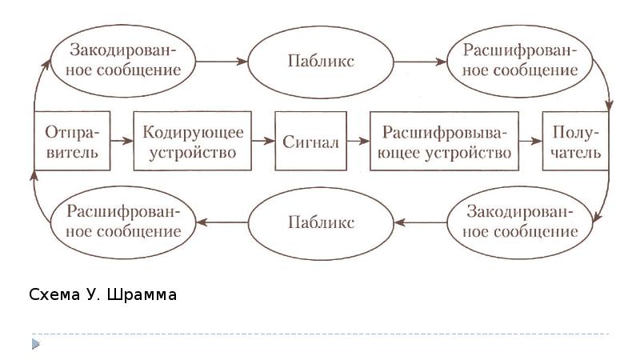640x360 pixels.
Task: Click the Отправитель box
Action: [x=72, y=142]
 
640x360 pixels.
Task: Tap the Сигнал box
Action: [x=311, y=142]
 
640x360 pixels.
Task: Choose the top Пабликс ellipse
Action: [x=321, y=61]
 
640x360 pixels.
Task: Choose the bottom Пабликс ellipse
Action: [x=321, y=222]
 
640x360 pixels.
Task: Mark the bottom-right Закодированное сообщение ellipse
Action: [x=520, y=222]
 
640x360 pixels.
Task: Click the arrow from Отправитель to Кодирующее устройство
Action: [x=122, y=142]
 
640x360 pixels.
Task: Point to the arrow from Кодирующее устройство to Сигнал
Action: [x=261, y=142]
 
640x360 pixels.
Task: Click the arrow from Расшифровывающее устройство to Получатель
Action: [x=529, y=142]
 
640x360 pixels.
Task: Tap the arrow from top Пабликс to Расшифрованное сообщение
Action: [x=421, y=61]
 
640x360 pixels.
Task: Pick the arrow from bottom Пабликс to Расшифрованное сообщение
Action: [x=222, y=222]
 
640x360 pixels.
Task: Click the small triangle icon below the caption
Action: [x=36, y=344]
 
